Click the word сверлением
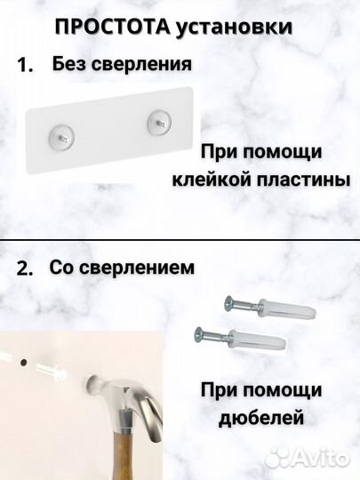143,268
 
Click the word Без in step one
69,64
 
